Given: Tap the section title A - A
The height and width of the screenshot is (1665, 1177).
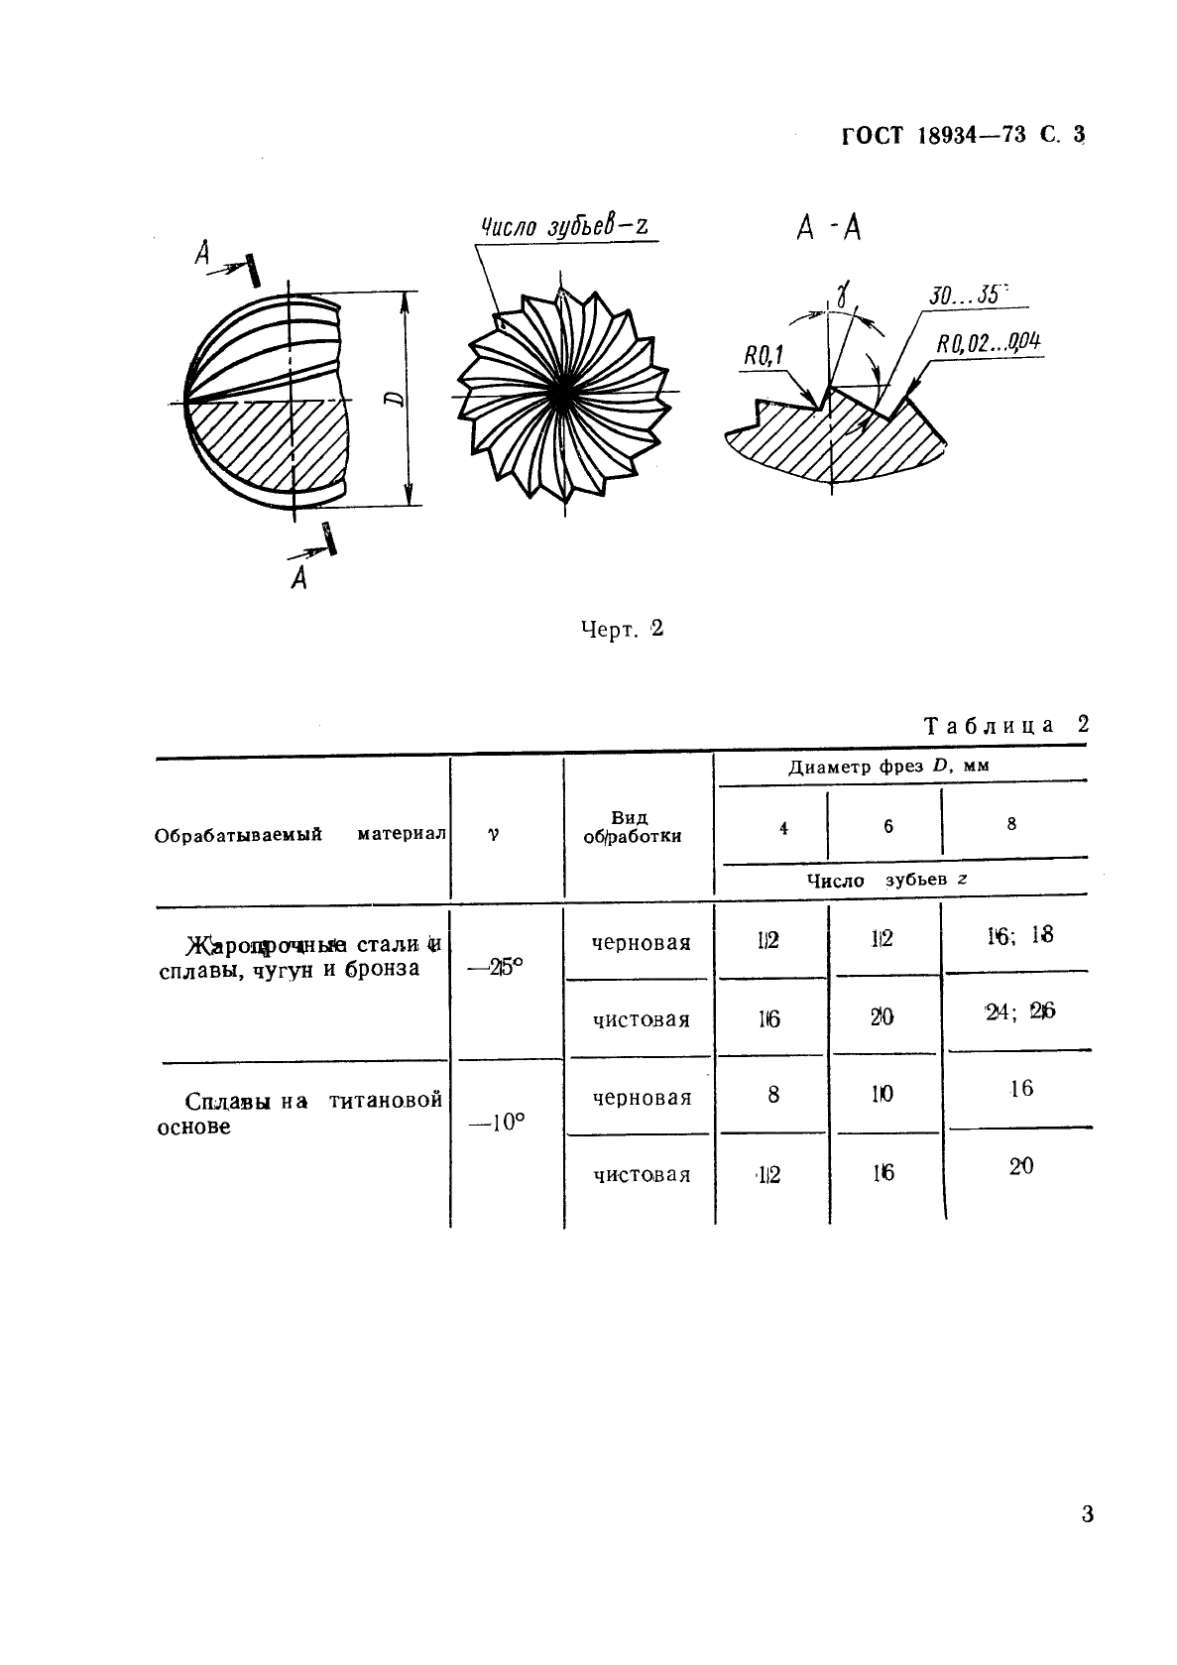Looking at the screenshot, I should pyautogui.click(x=829, y=229).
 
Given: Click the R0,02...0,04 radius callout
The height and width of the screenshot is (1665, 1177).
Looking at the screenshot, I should pyautogui.click(x=988, y=343).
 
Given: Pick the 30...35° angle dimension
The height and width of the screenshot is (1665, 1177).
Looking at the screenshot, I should pyautogui.click(x=966, y=295).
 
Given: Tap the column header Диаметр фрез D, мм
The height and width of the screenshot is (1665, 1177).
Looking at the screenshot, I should pyautogui.click(x=888, y=767).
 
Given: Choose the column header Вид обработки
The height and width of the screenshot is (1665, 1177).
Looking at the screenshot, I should pyautogui.click(x=632, y=827).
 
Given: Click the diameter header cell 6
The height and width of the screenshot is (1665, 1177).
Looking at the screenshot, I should pyautogui.click(x=887, y=826).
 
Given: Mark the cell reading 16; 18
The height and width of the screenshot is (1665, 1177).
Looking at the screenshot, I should pyautogui.click(x=1019, y=934).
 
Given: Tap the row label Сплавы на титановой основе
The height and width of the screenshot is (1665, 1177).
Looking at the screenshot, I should pyautogui.click(x=299, y=1114).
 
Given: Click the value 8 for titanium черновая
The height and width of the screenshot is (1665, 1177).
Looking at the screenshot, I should pyautogui.click(x=773, y=1094).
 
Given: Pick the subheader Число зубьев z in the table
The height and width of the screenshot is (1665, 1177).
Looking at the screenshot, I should pyautogui.click(x=886, y=880).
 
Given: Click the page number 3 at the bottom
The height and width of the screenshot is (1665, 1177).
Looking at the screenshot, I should pyautogui.click(x=1087, y=1515).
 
